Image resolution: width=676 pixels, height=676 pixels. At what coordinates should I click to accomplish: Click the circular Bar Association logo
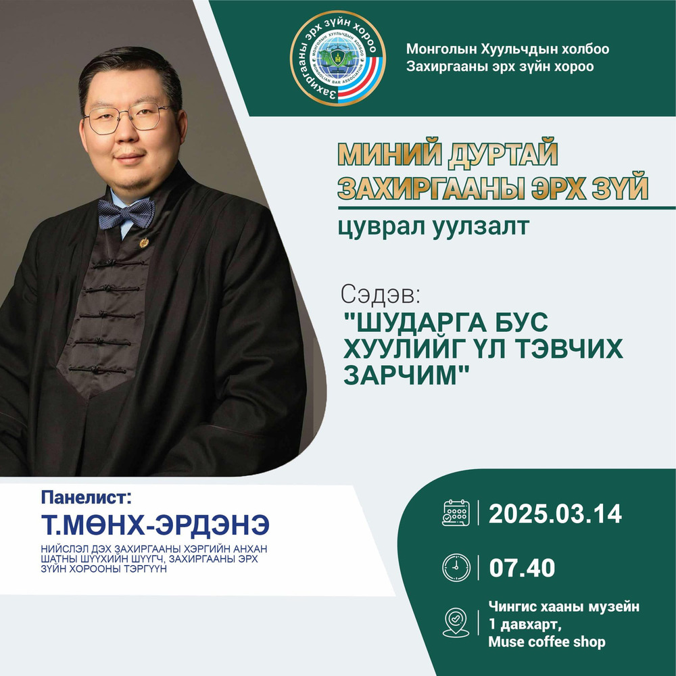coord(339,59)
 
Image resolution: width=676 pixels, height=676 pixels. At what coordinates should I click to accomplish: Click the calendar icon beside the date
coord(454,514)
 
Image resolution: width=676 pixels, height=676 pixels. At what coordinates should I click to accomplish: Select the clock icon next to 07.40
coord(454,566)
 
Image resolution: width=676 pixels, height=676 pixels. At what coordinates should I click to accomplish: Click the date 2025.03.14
coord(554,514)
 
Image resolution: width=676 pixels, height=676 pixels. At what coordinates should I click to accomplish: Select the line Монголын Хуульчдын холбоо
coord(508,49)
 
